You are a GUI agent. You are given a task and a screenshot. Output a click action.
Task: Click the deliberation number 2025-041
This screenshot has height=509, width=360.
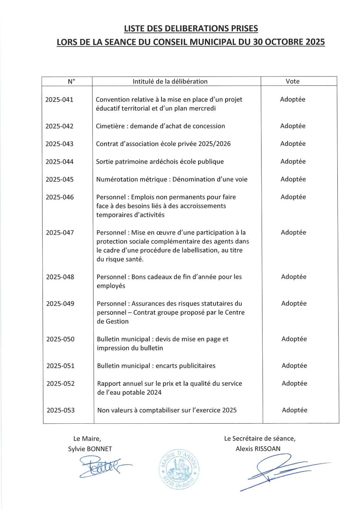59,100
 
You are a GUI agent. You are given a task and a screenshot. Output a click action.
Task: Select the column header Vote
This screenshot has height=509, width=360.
293,81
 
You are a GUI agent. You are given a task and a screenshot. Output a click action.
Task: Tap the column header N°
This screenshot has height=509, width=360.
71,81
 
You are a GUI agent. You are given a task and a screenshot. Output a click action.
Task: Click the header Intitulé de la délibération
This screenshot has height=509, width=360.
170,81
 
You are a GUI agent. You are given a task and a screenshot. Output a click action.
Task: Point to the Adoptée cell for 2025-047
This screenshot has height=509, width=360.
293,232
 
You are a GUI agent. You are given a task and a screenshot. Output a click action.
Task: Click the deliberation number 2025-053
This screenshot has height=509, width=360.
61,410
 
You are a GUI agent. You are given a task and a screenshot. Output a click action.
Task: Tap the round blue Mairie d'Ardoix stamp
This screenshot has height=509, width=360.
179,469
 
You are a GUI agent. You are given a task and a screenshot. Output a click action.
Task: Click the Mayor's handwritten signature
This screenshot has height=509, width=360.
103,467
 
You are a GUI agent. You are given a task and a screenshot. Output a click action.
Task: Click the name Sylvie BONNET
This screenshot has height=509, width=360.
90,449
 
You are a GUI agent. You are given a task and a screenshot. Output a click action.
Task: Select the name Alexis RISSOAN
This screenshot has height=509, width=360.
258,449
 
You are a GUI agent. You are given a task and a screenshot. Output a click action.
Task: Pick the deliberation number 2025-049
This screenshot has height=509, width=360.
60,303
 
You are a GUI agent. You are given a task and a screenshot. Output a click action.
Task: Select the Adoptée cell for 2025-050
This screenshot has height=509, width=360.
294,339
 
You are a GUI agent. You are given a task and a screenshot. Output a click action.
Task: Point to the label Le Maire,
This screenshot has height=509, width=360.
87,439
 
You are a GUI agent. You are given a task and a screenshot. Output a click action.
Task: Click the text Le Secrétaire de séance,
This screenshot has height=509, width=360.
260,439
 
